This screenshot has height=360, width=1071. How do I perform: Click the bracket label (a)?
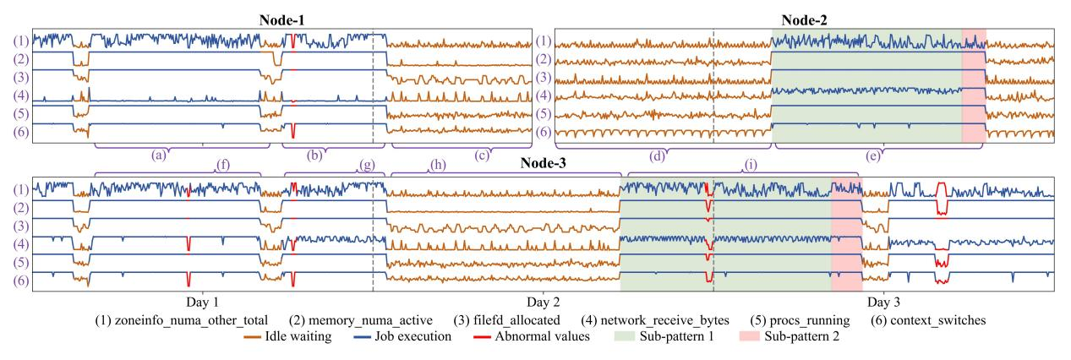coord(156,155)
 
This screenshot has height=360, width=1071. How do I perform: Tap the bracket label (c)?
coord(483,155)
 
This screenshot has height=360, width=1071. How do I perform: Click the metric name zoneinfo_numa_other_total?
coord(189,320)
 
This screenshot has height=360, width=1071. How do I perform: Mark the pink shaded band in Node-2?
coord(974,84)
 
